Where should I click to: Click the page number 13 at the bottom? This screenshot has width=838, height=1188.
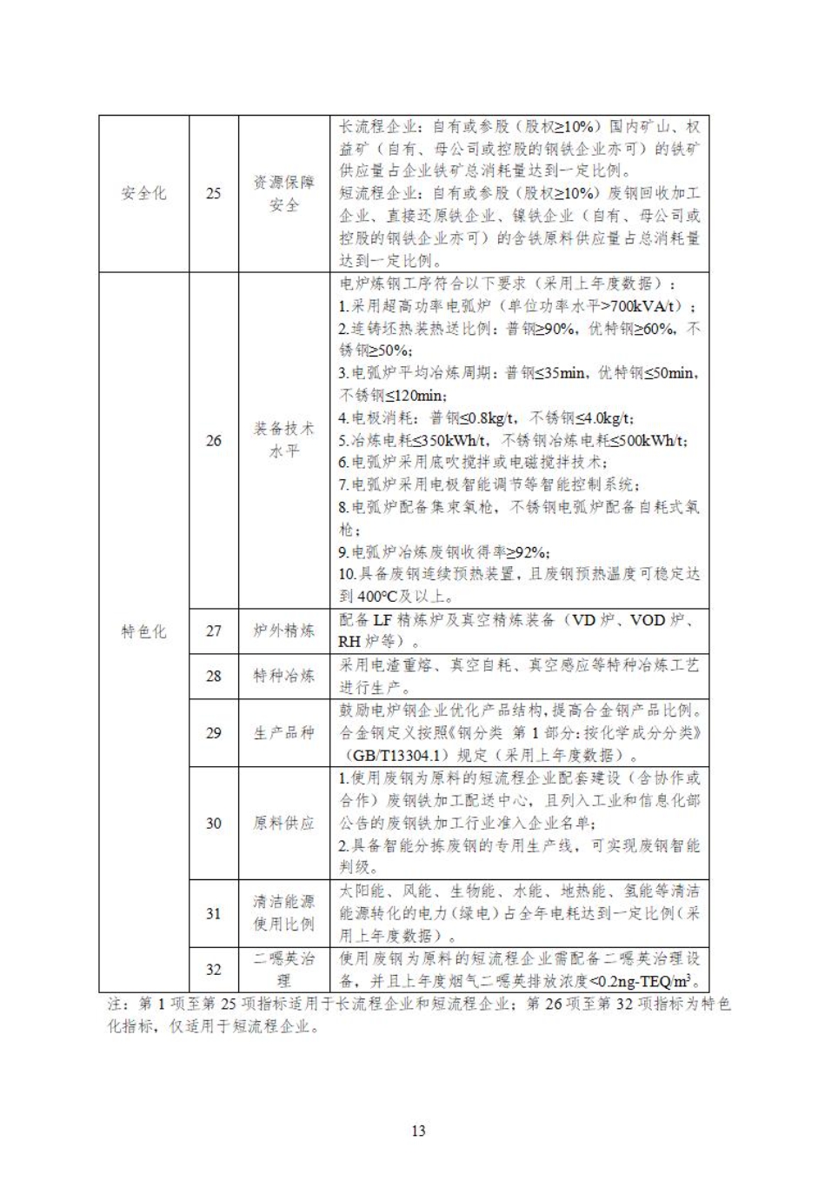pyautogui.click(x=418, y=1131)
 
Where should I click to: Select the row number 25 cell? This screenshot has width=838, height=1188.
pyautogui.click(x=214, y=193)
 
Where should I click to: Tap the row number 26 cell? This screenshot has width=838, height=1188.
pyautogui.click(x=214, y=440)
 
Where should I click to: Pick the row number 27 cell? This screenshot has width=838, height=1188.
pyautogui.click(x=214, y=631)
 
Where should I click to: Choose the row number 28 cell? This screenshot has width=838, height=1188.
pyautogui.click(x=214, y=676)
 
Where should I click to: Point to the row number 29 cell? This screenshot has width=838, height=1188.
pyautogui.click(x=214, y=732)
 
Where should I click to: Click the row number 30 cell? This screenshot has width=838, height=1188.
pyautogui.click(x=214, y=823)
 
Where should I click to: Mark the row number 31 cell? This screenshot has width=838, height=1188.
pyautogui.click(x=214, y=913)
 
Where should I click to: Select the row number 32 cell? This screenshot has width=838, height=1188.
pyautogui.click(x=214, y=970)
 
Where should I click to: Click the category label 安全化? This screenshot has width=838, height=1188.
pyautogui.click(x=143, y=193)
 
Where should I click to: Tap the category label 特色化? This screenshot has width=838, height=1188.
pyautogui.click(x=143, y=631)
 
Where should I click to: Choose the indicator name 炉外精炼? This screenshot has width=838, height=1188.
pyautogui.click(x=284, y=631)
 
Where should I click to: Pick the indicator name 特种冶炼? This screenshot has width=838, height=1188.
pyautogui.click(x=284, y=676)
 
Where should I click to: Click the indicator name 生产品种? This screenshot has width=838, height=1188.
pyautogui.click(x=284, y=732)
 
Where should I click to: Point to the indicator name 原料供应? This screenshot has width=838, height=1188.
pyautogui.click(x=284, y=823)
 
